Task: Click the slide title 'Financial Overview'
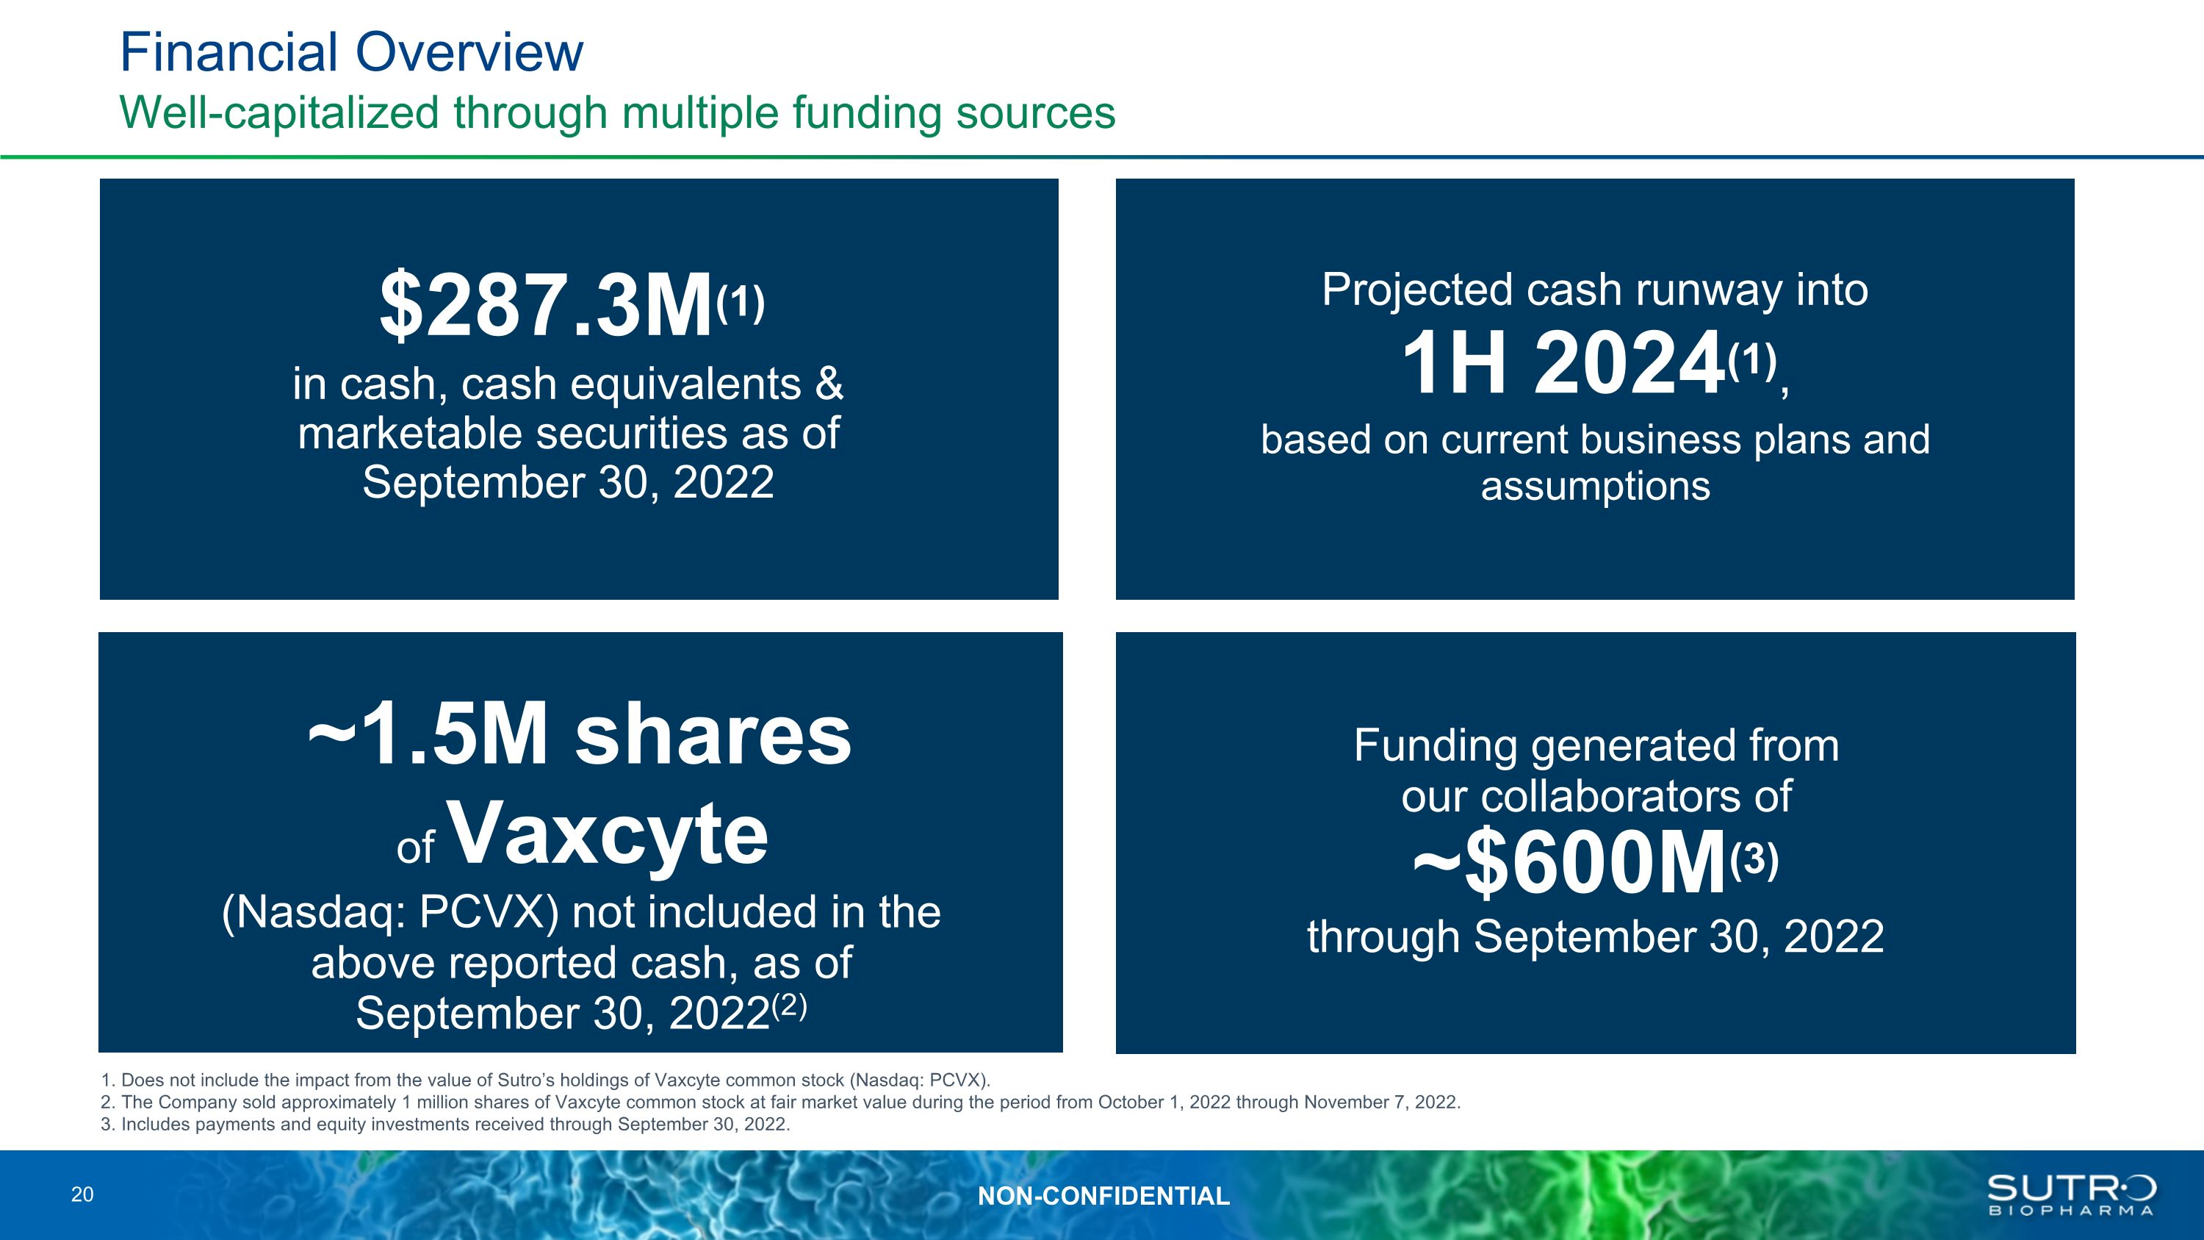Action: (352, 52)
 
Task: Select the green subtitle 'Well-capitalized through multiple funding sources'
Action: (618, 113)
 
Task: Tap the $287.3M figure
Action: (547, 306)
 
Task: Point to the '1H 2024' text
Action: (1563, 363)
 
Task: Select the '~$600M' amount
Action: (1569, 864)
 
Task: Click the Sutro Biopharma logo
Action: (2070, 1194)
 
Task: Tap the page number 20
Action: (82, 1194)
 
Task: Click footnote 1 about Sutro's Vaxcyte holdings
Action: (545, 1080)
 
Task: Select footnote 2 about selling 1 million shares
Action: (780, 1103)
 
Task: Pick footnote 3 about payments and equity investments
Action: (445, 1125)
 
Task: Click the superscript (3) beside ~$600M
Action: (1754, 861)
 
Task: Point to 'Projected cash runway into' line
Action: (1595, 290)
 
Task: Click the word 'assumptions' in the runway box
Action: (1596, 487)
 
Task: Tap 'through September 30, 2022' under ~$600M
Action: (1596, 937)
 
